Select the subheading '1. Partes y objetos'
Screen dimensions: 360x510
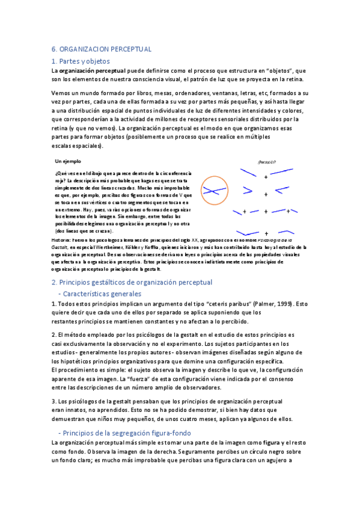point(81,61)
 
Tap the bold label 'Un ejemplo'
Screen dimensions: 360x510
point(68,162)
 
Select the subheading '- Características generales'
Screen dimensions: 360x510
point(101,294)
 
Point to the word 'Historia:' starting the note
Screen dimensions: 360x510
point(61,240)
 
